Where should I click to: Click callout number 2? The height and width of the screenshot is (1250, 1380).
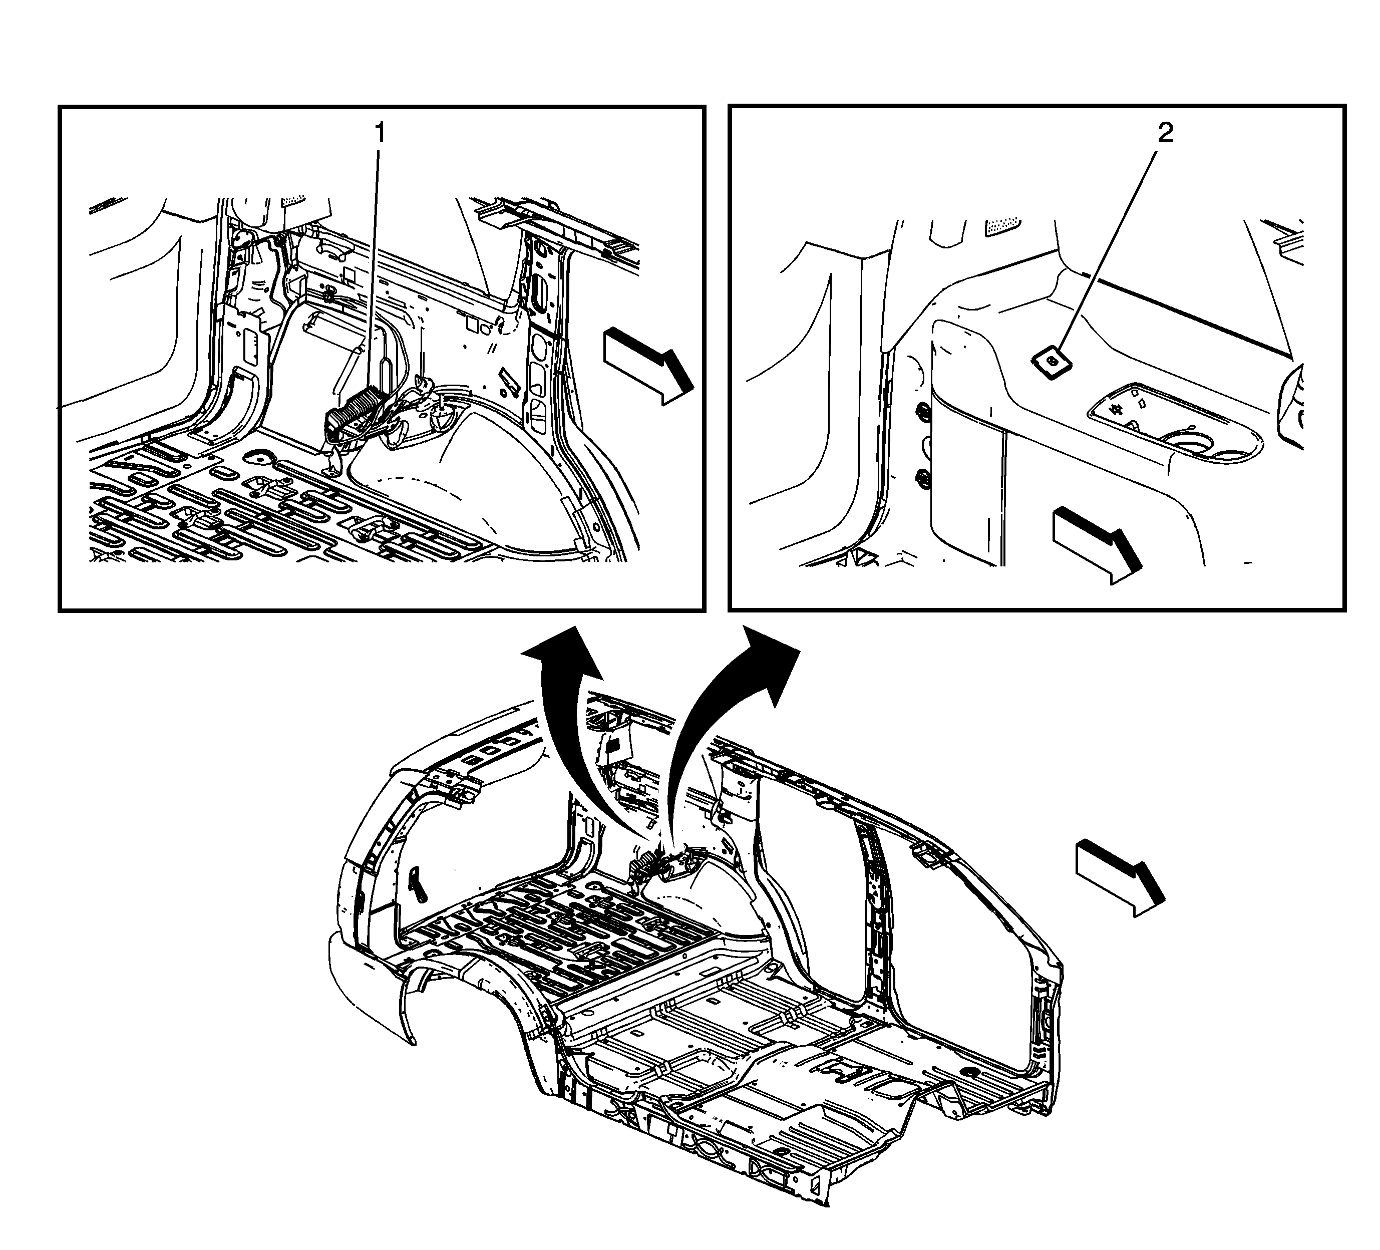click(x=1165, y=134)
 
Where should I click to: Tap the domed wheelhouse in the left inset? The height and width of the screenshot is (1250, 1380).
click(x=479, y=479)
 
